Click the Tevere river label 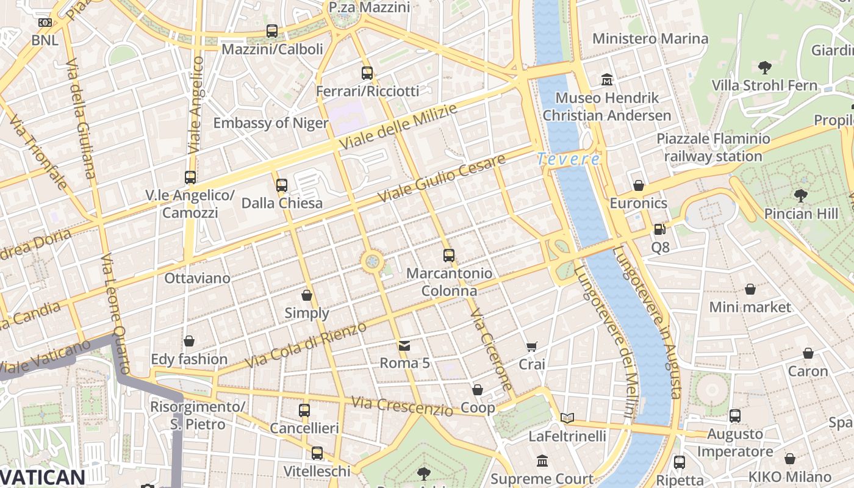point(568,159)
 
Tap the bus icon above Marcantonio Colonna point(449,256)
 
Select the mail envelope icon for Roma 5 point(404,346)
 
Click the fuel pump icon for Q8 point(659,229)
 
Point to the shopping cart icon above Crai point(532,346)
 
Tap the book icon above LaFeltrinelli point(567,418)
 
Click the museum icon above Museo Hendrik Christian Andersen point(607,79)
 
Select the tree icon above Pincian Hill point(800,196)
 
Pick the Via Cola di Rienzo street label point(306,345)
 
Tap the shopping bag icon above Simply point(307,295)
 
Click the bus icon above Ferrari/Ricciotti point(367,73)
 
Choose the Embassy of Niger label point(271,123)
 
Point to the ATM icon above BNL point(45,23)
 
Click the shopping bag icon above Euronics point(639,185)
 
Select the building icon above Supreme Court point(542,461)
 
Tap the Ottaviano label point(198,278)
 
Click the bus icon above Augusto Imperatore point(735,416)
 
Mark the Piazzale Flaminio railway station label point(713,148)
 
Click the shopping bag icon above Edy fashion point(189,341)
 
